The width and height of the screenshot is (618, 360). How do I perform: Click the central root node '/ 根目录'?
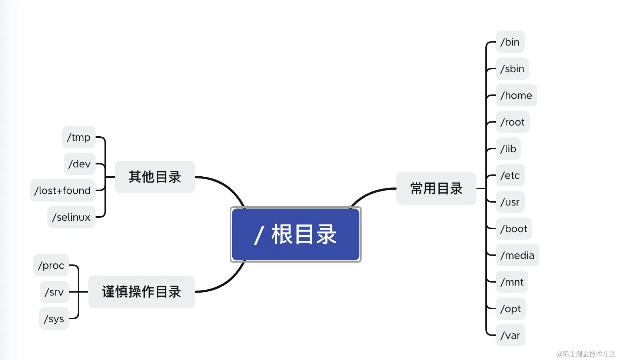pos(295,234)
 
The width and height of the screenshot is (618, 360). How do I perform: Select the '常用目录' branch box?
pos(436,189)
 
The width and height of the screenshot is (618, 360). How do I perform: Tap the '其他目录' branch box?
pos(154,177)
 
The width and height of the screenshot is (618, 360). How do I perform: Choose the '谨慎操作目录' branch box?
pos(141,292)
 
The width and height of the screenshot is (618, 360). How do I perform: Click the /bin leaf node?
pos(510,42)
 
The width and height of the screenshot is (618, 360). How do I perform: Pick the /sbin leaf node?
pos(512,69)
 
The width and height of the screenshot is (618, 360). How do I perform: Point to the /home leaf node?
pos(516,96)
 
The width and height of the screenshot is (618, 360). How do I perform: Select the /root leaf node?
pos(512,122)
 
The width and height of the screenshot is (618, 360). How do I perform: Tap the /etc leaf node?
pos(510,176)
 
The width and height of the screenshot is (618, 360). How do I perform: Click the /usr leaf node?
pos(510,202)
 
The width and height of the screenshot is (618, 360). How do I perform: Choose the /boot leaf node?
pos(514,229)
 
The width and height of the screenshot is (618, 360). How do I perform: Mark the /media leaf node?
pos(517,256)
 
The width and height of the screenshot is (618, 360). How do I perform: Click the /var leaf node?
pos(510,336)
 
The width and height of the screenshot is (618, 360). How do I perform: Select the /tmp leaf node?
pos(79,137)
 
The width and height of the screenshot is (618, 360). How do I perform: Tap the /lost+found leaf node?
pos(62,191)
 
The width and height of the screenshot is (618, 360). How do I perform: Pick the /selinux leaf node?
pos(71,217)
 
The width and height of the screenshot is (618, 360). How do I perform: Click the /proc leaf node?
pos(51,266)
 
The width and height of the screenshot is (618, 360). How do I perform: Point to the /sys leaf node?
pos(54,319)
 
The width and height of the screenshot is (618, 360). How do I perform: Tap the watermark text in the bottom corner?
pos(586,354)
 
